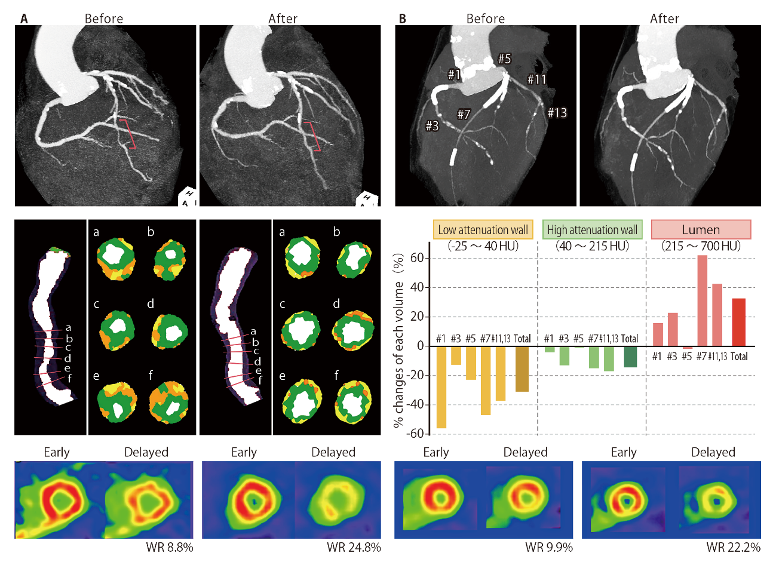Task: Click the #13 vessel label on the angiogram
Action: click(x=557, y=112)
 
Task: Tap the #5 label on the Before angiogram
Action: click(x=505, y=59)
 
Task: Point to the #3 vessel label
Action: click(x=432, y=125)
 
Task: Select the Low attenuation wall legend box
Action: click(x=483, y=230)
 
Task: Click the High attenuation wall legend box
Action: click(x=592, y=230)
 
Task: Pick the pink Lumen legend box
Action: click(x=701, y=230)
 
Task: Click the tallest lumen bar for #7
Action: click(x=702, y=300)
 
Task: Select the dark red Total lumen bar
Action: click(x=739, y=322)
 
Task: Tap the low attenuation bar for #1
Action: click(x=441, y=387)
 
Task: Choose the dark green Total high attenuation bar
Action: click(x=630, y=357)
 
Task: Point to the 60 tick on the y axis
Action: click(x=416, y=259)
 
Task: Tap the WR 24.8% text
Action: click(x=354, y=547)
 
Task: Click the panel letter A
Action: click(x=24, y=19)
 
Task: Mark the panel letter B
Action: click(x=402, y=19)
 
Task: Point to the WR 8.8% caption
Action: click(x=170, y=547)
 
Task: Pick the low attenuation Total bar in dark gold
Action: click(x=522, y=369)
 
